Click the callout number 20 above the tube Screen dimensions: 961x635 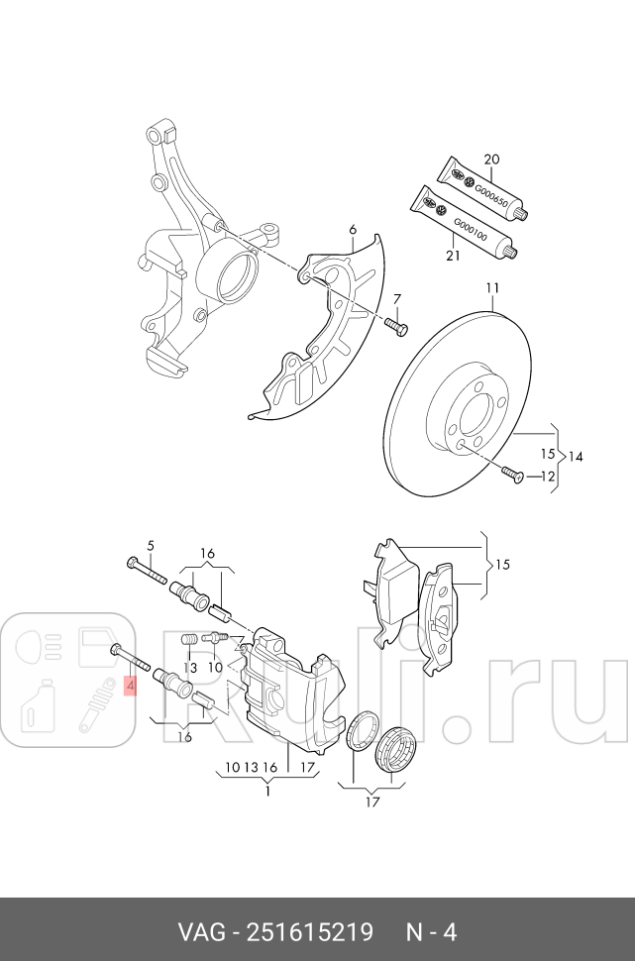(491, 160)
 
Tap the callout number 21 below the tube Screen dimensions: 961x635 (454, 257)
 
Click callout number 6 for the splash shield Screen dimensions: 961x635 (352, 231)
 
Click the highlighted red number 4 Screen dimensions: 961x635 (129, 685)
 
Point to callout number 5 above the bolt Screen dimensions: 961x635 (151, 545)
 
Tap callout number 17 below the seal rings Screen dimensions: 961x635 (371, 801)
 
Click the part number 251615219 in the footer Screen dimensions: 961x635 (310, 932)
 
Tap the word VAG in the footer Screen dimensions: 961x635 (200, 932)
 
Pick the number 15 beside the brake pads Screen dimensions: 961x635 (502, 565)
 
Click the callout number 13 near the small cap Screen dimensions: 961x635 (190, 669)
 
